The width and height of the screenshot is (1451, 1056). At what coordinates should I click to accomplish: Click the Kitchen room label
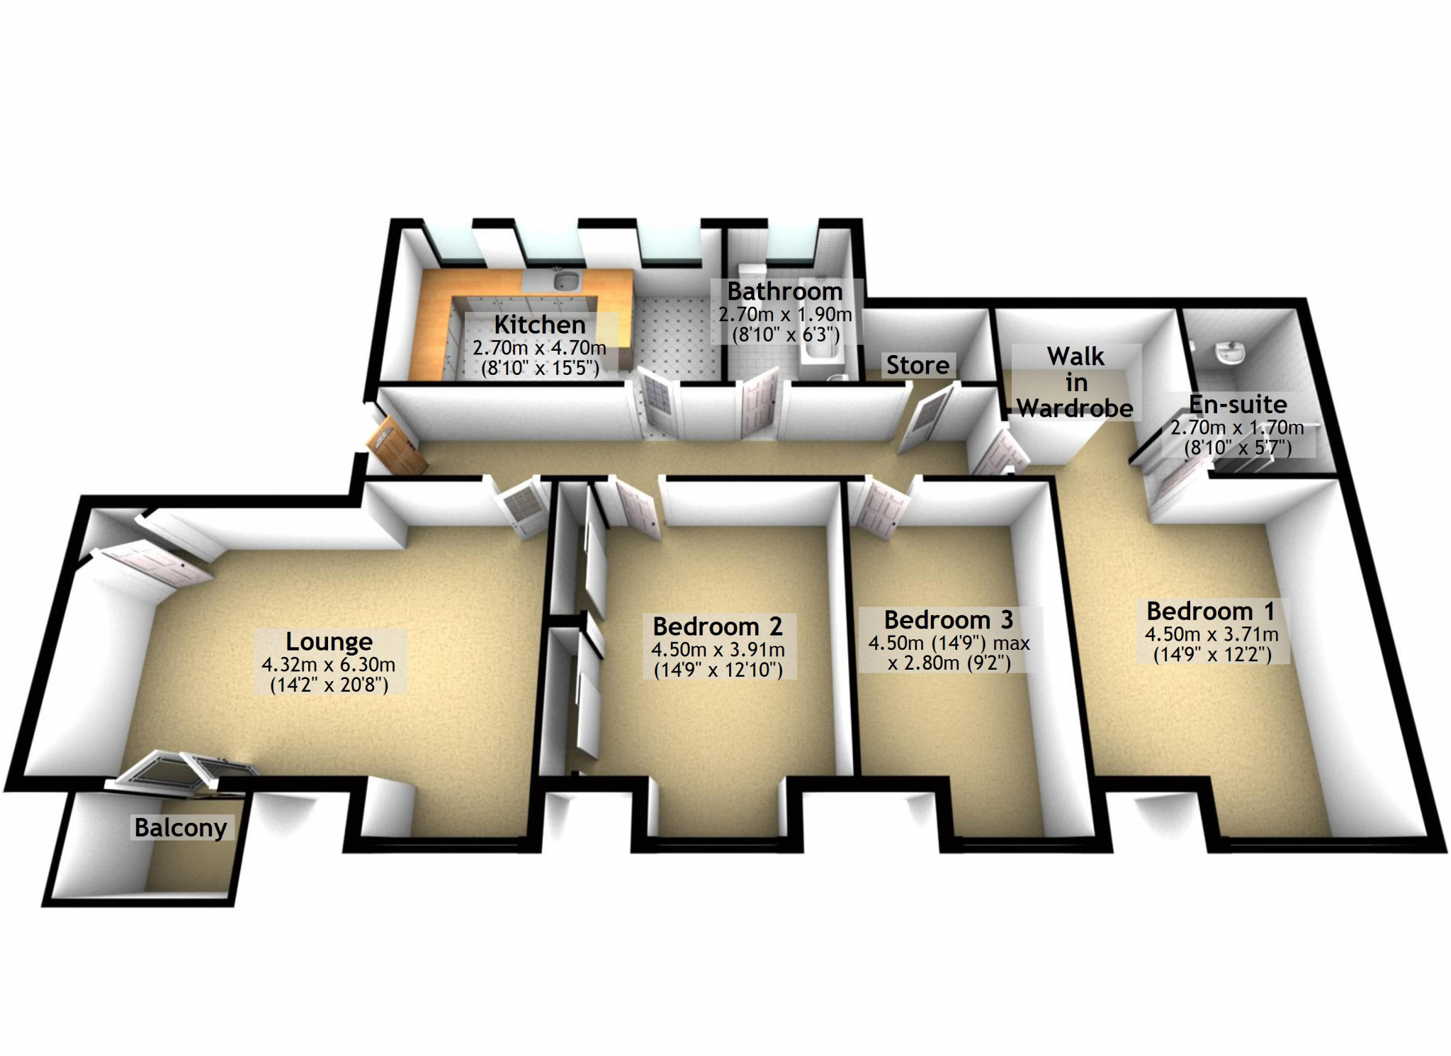(540, 325)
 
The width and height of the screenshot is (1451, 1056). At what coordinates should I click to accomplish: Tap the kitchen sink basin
(567, 281)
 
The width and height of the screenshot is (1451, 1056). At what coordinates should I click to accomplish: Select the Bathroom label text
(785, 291)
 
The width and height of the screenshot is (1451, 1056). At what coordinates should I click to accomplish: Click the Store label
(918, 365)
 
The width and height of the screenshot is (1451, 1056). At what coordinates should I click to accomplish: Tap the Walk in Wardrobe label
(1075, 382)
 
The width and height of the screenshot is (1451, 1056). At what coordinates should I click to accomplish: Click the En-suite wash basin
(1231, 351)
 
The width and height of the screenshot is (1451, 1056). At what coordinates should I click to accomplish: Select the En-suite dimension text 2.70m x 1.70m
(1237, 427)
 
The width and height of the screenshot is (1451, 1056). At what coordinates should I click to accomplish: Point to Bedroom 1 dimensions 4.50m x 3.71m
(1212, 634)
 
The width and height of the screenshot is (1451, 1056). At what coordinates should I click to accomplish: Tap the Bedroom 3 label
(948, 620)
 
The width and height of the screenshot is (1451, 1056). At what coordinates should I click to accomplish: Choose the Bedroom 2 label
(718, 627)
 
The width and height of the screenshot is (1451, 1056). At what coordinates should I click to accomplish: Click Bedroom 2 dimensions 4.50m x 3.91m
(718, 650)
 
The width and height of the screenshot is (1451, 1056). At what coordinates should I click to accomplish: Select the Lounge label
(329, 641)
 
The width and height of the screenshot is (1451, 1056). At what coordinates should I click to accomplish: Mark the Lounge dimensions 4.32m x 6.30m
(329, 665)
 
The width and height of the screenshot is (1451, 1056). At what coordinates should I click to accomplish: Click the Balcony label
(181, 828)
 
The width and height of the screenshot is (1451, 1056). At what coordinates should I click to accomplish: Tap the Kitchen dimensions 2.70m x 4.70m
(539, 349)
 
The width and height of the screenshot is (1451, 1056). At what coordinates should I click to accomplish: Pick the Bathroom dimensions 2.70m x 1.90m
(785, 315)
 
